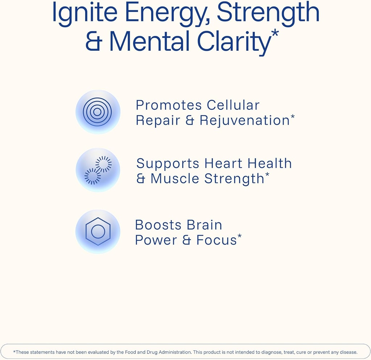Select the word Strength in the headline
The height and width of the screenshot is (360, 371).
(x=268, y=13)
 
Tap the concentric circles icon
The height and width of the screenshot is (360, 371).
(x=97, y=112)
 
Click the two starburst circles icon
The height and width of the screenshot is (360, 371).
(x=98, y=170)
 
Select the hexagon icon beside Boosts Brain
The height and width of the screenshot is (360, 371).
(x=98, y=232)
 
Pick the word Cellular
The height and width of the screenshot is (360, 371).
(x=233, y=105)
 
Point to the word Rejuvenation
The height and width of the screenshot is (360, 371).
(x=245, y=121)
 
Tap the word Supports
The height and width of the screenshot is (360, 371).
(x=168, y=164)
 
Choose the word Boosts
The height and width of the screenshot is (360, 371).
(x=158, y=225)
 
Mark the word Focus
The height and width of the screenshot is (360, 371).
(x=216, y=240)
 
